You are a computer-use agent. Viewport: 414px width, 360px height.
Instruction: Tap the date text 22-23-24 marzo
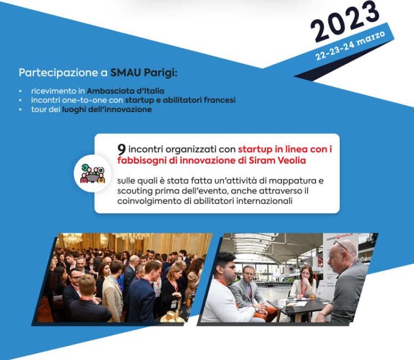[x=350, y=45]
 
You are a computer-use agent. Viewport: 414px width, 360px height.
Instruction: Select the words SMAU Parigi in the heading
[x=144, y=73]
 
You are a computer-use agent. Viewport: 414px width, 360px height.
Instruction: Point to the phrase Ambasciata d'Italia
[x=125, y=91]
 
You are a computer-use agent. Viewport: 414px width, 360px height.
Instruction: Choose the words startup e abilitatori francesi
[x=180, y=100]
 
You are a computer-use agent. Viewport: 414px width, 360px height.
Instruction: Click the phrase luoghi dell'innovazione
[x=107, y=109]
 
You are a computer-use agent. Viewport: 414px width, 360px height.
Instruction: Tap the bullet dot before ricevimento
[x=21, y=91]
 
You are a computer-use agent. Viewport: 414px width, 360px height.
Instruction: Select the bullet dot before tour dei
[x=21, y=110]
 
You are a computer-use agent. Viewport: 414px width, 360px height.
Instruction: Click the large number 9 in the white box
[x=121, y=149]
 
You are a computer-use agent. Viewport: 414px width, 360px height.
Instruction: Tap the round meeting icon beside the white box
[x=93, y=174]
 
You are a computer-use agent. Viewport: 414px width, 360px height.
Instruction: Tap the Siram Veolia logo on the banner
[x=340, y=237]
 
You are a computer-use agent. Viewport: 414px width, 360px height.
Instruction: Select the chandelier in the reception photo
[x=72, y=238]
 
